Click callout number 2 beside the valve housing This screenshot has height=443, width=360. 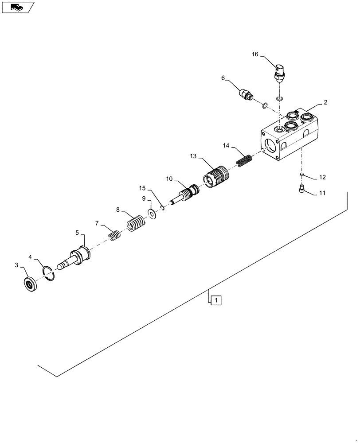[x=325, y=102]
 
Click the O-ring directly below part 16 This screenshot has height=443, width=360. [x=279, y=98]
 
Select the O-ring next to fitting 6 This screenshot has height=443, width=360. [x=264, y=105]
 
